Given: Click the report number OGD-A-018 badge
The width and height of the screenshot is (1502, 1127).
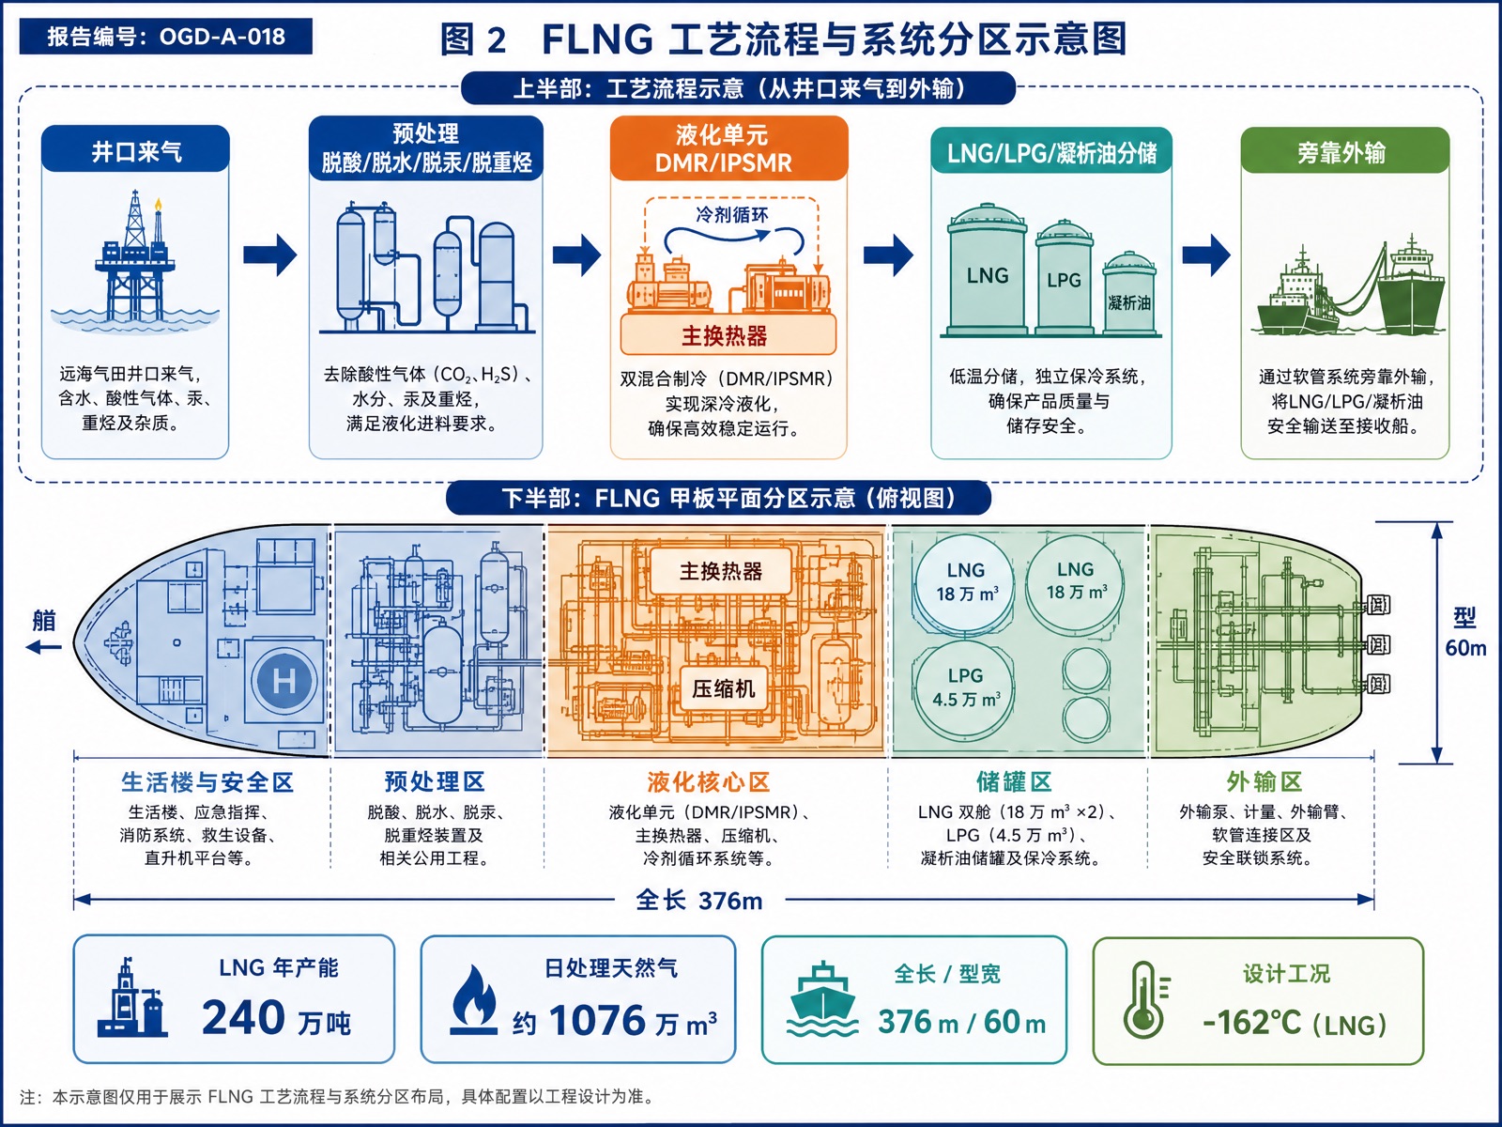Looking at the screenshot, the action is (x=165, y=37).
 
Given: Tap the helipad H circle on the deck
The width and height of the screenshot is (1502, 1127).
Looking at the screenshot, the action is (x=284, y=681).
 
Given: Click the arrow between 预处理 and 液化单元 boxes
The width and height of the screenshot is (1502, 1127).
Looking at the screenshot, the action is (x=576, y=255).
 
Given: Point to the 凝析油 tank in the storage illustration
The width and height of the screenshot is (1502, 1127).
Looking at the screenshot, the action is (x=1129, y=294).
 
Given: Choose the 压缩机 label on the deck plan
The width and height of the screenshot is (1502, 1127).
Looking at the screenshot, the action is (x=724, y=688).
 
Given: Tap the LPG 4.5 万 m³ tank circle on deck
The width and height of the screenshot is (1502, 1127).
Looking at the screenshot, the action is (x=965, y=687).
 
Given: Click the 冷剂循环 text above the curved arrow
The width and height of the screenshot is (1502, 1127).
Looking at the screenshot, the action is (x=731, y=215).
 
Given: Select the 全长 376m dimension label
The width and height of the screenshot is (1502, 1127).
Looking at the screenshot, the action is (x=699, y=901).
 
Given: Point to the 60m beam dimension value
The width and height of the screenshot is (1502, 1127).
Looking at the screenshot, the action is (x=1465, y=648).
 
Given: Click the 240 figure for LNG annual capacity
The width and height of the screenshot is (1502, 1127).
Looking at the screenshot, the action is (x=243, y=1017).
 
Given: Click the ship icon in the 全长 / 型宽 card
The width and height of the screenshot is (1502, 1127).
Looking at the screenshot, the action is (x=821, y=999).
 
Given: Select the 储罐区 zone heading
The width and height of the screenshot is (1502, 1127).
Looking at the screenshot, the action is (x=1014, y=781).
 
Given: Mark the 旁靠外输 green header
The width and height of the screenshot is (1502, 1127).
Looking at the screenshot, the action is (x=1344, y=150).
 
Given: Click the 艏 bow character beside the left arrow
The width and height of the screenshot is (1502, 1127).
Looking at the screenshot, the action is (x=44, y=621).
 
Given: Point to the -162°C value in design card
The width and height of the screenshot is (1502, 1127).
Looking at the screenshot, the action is (x=1251, y=1023).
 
